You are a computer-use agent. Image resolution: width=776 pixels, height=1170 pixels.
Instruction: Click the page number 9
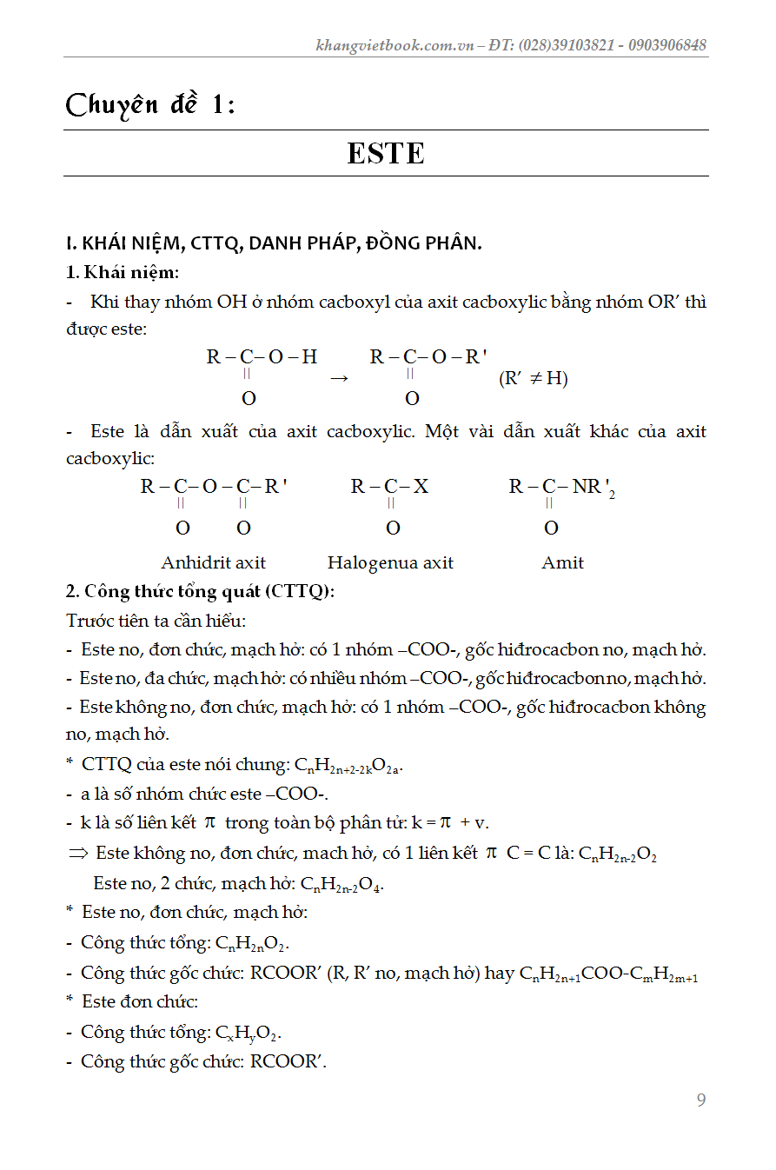coord(701,1100)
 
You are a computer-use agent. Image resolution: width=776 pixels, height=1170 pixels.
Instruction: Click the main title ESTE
coord(386,154)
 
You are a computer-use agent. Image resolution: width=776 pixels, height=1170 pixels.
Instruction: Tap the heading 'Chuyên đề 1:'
coord(150,105)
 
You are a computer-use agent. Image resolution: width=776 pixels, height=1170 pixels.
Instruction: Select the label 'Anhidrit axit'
coord(213,562)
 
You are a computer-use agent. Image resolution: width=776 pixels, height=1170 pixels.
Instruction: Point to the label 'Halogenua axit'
coord(390,562)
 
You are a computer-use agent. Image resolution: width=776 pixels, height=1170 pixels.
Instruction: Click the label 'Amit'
coord(562,562)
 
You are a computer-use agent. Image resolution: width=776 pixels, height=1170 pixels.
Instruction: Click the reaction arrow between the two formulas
coord(340,378)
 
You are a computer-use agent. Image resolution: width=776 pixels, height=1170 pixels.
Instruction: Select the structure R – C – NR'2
coord(560,488)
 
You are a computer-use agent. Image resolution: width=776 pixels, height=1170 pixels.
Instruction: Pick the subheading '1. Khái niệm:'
coord(122,272)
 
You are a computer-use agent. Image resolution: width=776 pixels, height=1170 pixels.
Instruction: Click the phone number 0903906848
coord(665,45)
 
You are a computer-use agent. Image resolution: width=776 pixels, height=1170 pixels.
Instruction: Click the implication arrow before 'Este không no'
coord(78,854)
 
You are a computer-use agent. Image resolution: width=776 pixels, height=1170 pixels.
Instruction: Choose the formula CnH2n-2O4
coord(342,884)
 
